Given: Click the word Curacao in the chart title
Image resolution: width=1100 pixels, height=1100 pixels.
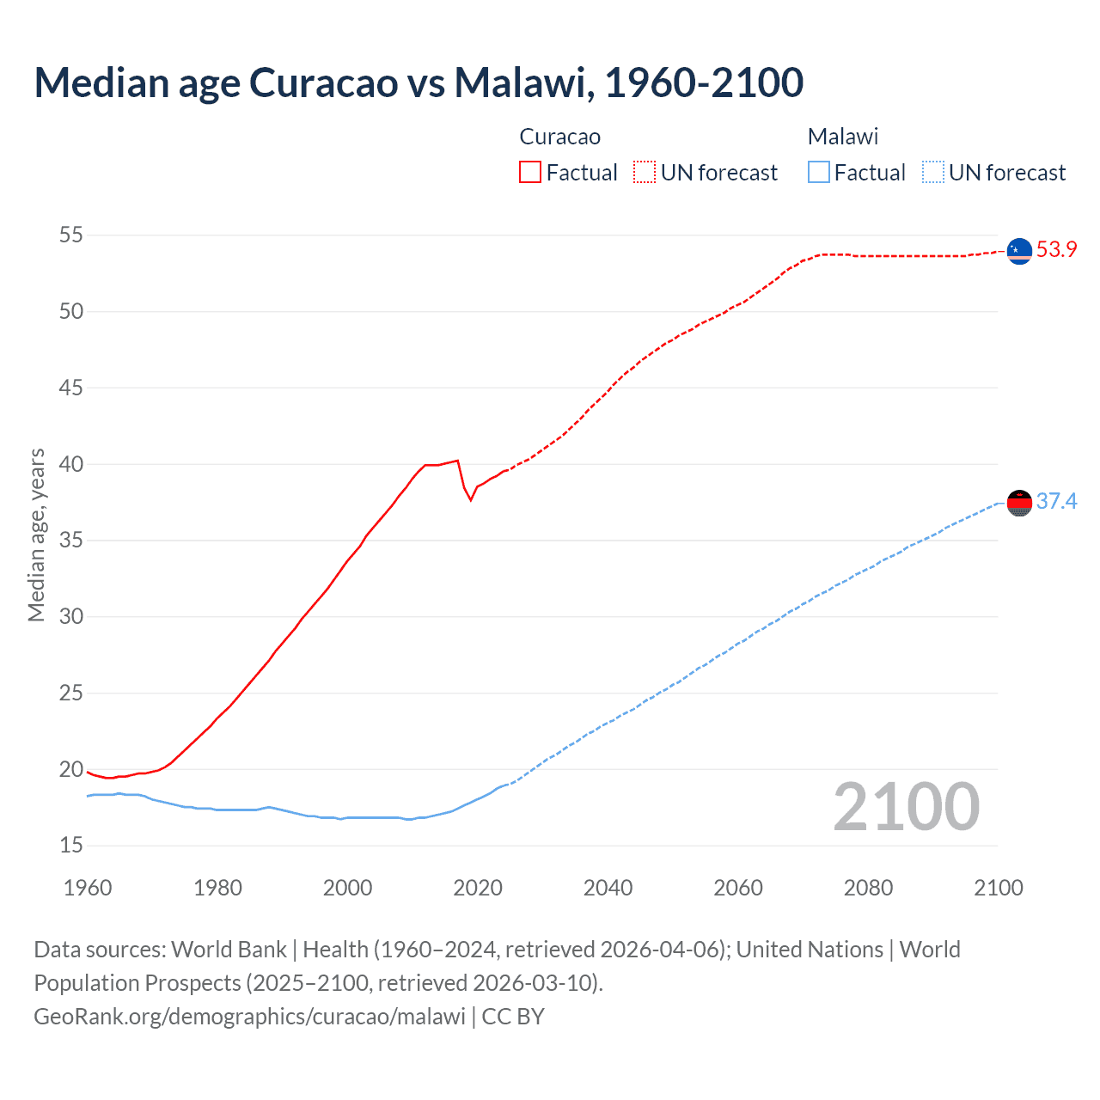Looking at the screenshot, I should (x=324, y=82).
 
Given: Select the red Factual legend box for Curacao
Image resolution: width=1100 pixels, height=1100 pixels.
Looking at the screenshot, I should (x=530, y=173).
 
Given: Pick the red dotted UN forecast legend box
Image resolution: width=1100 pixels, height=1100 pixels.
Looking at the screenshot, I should (x=645, y=173).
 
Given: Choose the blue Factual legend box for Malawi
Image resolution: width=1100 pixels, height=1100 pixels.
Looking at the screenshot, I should (x=818, y=173).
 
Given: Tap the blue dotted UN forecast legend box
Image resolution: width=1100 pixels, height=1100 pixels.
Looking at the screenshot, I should (x=932, y=173).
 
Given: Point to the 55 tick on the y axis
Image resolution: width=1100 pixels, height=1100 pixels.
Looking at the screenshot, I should (x=71, y=235).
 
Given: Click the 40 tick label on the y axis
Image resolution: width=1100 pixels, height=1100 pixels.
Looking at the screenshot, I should (x=71, y=464).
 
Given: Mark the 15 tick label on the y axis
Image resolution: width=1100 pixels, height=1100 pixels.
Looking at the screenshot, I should (x=71, y=846).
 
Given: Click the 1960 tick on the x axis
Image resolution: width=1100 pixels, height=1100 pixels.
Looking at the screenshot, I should (x=88, y=888).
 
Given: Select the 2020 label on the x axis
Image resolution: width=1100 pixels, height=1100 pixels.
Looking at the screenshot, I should (x=478, y=888).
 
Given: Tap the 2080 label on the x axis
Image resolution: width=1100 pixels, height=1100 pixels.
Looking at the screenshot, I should (x=868, y=888).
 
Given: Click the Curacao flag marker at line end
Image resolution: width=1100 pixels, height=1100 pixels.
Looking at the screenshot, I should (x=1019, y=251).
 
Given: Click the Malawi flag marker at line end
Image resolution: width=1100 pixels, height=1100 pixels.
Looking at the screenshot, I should (x=1019, y=503).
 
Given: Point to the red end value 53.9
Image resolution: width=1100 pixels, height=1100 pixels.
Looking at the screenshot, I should (x=1056, y=250).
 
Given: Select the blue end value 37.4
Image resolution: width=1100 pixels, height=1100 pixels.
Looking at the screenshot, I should (x=1056, y=502).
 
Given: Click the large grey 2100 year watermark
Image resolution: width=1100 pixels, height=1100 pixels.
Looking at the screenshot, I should (x=906, y=807).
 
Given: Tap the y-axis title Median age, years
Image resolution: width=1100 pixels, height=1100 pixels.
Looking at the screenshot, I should (x=36, y=535).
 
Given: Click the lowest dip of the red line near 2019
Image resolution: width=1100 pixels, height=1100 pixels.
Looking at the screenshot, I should (x=470, y=500).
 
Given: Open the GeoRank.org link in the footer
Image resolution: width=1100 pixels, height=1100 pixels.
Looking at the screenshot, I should (x=249, y=1017).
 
